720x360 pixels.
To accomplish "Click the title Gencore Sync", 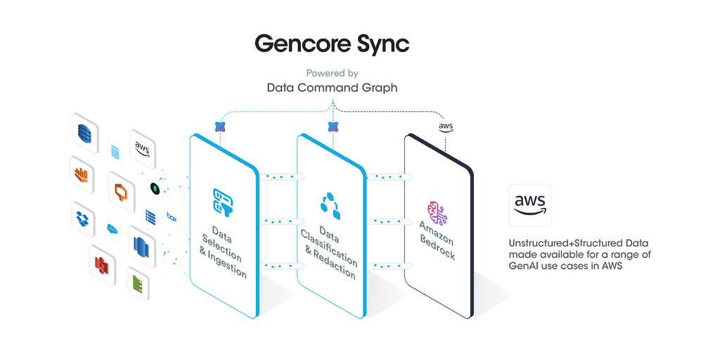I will pos(331,44).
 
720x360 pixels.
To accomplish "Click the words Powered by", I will pos(332,73).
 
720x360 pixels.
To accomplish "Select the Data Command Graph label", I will pos(332,89).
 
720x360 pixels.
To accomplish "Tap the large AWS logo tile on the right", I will pos(529,205).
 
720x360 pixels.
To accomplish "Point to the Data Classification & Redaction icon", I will pos(330,205).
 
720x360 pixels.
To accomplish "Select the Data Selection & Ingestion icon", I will pos(224,201).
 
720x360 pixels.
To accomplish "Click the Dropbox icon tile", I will pos(83,218).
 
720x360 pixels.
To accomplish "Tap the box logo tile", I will pos(171,217).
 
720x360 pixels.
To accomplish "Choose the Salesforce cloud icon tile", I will pos(112,229).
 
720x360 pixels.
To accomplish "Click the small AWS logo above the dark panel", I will pos(445,127).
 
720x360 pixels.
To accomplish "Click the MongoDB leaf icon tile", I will pos(155,189).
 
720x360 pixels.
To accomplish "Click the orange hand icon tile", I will pos(82,174).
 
